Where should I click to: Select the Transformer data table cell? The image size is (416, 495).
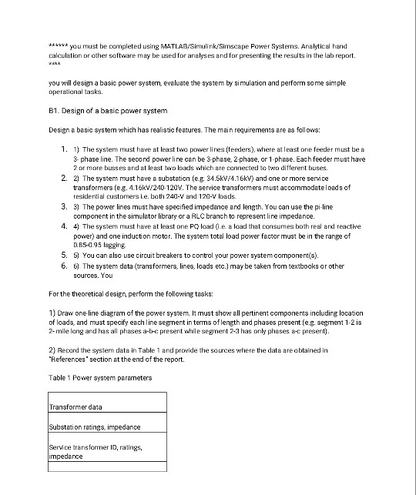pos(75,408)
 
